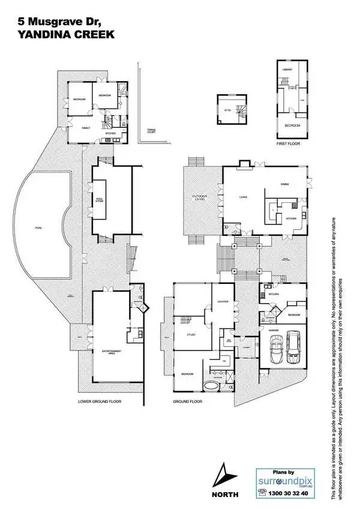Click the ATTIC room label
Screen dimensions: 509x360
[228, 110]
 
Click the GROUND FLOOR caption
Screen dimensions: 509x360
[186, 400]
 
